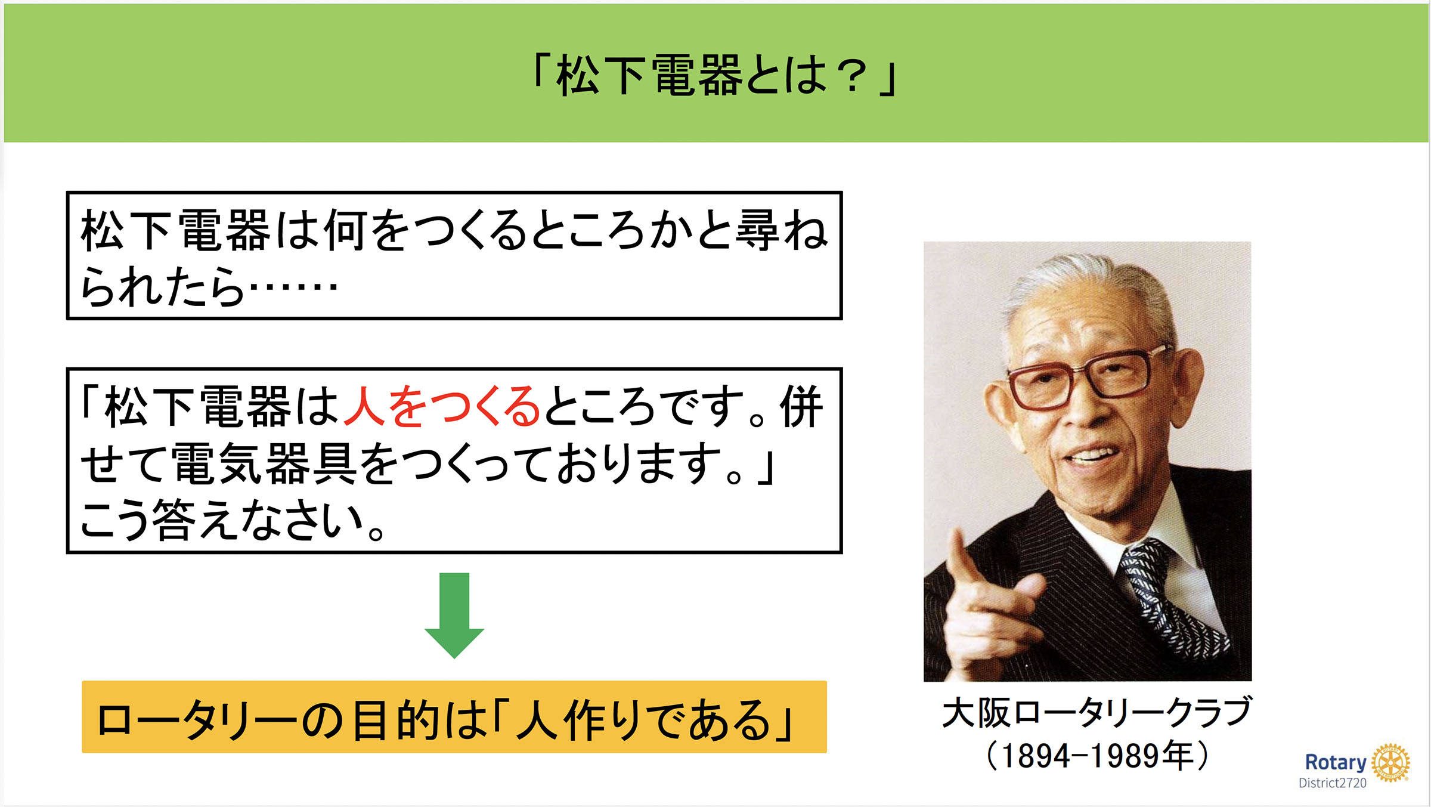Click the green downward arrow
coord(454,615)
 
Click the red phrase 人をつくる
coord(442,406)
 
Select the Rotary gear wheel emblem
coord(1390,763)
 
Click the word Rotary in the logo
coord(1336,762)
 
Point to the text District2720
coord(1333,783)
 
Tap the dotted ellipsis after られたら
coord(293,286)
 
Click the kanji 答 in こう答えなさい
coord(174,520)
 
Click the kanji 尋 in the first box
coord(757,230)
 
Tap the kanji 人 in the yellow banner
coord(537,720)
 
